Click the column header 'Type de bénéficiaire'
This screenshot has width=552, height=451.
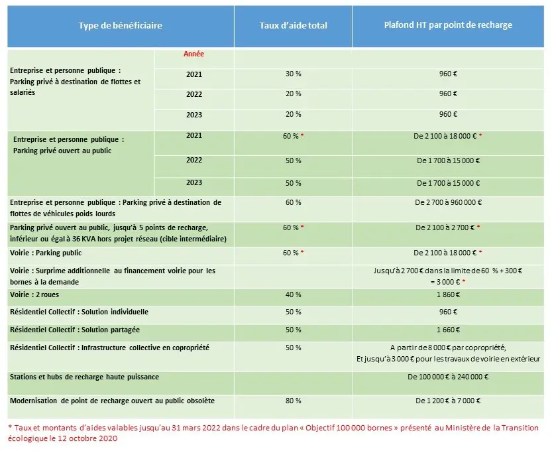120,26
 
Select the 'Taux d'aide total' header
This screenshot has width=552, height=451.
293,26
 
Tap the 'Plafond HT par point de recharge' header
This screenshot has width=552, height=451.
448,25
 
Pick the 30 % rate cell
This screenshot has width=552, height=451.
293,74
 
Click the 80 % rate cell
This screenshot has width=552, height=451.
293,401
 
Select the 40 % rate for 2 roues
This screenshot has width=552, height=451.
293,294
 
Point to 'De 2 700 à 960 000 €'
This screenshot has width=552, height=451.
448,203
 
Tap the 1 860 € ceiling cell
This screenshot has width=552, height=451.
448,294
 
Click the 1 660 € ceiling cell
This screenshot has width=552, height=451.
448,330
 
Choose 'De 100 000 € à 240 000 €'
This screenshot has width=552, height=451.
448,377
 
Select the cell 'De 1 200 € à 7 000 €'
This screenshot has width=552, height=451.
448,401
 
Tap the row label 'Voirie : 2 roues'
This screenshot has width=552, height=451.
37,294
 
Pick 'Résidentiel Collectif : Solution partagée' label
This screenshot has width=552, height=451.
75,330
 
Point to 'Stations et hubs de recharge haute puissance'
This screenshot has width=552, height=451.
84,377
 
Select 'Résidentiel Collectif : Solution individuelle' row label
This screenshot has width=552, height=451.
79,312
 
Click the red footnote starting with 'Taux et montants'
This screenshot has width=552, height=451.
272,433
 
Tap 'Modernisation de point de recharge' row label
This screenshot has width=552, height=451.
112,401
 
